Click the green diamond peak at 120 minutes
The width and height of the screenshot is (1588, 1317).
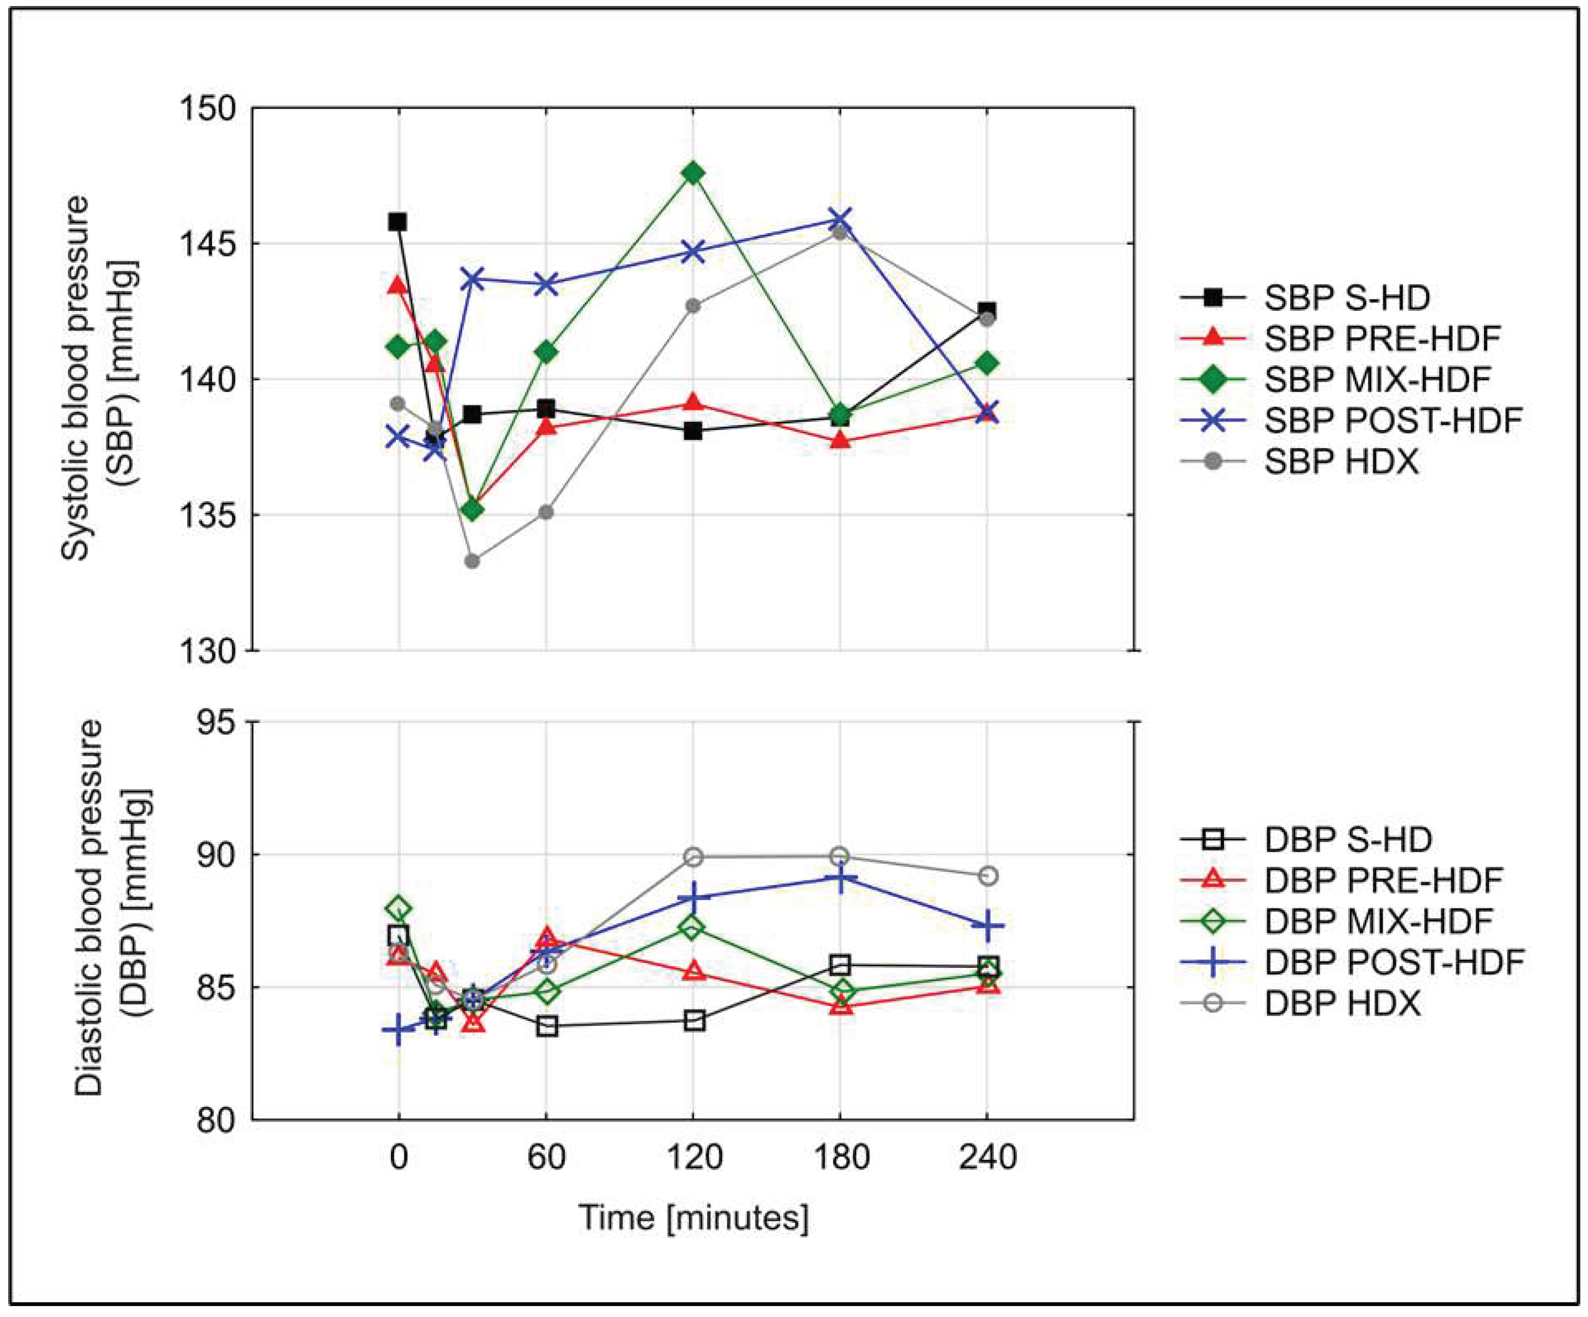(692, 173)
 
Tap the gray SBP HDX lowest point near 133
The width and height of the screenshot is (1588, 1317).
(472, 561)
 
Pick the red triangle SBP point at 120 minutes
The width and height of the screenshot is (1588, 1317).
(692, 403)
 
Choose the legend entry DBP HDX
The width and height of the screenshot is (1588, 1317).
(1342, 1003)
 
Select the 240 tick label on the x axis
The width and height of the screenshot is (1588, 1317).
(987, 1157)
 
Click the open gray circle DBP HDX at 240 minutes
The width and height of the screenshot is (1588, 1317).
(988, 876)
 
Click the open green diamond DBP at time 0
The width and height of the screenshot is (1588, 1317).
(399, 908)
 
